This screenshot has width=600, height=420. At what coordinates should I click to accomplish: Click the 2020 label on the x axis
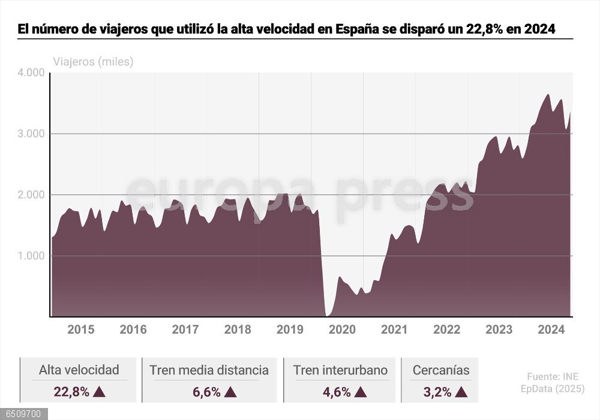[x=343, y=329]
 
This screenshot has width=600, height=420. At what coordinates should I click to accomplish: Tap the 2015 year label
[x=80, y=329]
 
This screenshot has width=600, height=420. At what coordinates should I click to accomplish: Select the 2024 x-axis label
[x=551, y=329]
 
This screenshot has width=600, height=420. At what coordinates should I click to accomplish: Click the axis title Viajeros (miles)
[x=93, y=61]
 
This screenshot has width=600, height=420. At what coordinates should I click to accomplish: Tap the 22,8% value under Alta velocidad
[x=71, y=392]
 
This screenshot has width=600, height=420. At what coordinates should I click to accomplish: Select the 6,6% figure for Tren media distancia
[x=206, y=392]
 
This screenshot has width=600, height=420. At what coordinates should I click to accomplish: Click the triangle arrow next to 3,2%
[x=461, y=392]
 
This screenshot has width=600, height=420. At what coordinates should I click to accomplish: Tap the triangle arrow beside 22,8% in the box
[x=100, y=392]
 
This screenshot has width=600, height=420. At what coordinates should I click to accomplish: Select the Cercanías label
[x=441, y=370]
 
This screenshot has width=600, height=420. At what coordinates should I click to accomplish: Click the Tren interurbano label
[x=340, y=370]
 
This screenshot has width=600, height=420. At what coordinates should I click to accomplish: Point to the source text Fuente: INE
[x=553, y=377]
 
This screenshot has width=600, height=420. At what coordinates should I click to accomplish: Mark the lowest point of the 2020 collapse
[x=327, y=315]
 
